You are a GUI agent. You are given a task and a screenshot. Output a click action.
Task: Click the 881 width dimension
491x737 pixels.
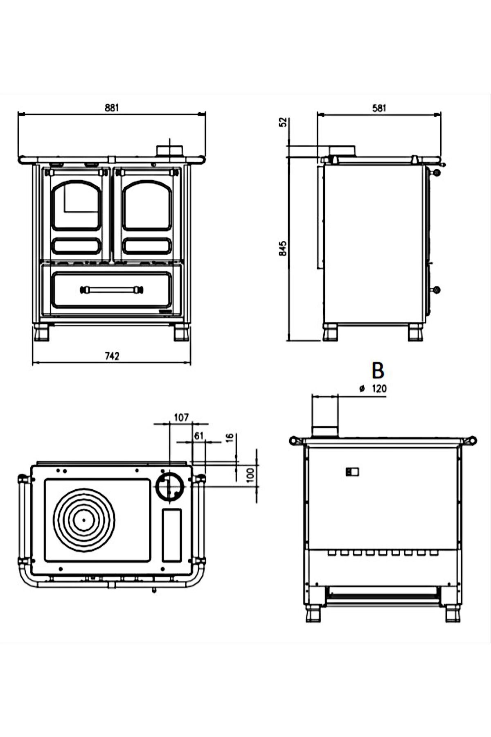pyautogui.click(x=111, y=108)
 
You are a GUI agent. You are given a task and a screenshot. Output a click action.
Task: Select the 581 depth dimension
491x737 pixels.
pyautogui.click(x=379, y=108)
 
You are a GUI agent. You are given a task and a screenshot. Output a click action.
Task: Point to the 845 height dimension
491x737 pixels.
pyautogui.click(x=283, y=249)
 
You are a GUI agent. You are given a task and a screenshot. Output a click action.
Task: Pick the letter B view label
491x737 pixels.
pyautogui.click(x=378, y=370)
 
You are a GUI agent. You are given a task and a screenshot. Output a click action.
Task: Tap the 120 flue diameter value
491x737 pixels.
pyautogui.click(x=379, y=389)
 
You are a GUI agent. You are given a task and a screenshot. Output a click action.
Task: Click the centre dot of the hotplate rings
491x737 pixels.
pyautogui.click(x=84, y=520)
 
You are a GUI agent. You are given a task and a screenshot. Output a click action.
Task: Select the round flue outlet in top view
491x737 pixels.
pyautogui.click(x=169, y=487)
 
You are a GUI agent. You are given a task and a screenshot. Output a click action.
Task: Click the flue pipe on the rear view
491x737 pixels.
pyautogui.click(x=325, y=416)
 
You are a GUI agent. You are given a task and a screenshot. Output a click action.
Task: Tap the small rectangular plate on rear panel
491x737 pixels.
pyautogui.click(x=352, y=472)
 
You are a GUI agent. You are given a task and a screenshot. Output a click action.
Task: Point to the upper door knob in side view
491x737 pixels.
pyautogui.click(x=437, y=173)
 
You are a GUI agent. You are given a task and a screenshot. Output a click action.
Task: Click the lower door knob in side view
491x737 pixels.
pyautogui.click(x=437, y=290)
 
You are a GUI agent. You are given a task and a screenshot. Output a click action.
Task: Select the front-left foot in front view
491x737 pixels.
pyautogui.click(x=42, y=333)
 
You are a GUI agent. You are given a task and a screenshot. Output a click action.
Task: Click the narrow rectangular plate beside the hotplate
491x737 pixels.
pyautogui.click(x=172, y=535)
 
